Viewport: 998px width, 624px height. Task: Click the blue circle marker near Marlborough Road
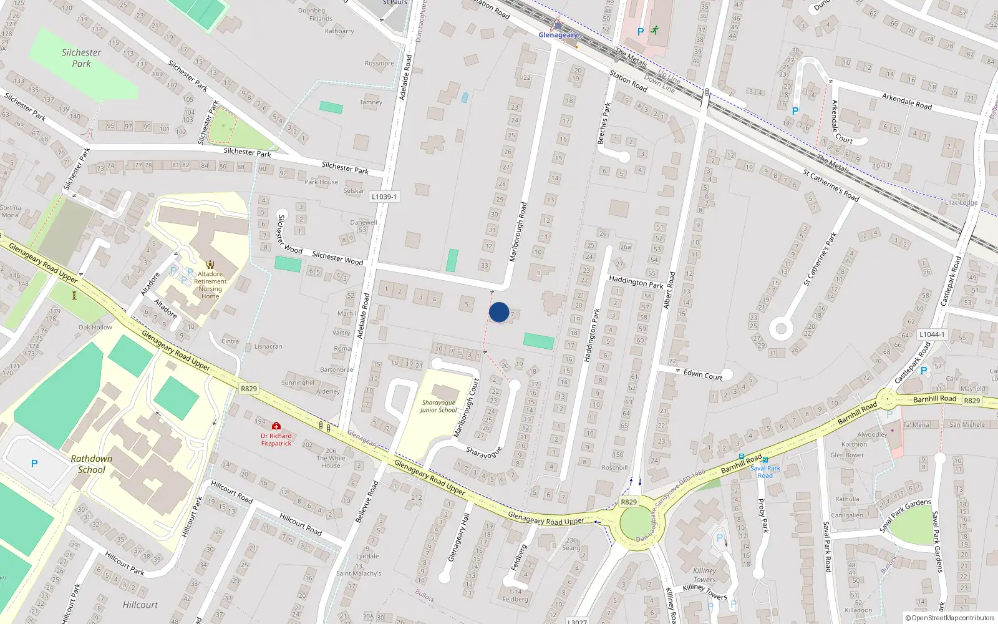(499, 312)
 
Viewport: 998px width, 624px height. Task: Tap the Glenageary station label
(558, 35)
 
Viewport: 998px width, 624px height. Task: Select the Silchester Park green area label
(81, 58)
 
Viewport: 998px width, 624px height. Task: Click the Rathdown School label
(92, 464)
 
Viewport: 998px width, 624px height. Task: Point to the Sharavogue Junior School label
(438, 406)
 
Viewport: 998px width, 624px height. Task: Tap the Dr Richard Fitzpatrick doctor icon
(276, 426)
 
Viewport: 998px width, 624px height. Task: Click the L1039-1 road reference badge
(384, 197)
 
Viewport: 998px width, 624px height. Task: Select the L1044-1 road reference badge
(931, 334)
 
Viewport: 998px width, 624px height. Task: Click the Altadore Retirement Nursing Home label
(210, 285)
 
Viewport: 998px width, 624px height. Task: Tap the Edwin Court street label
(703, 374)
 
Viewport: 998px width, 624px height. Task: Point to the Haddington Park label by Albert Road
(636, 282)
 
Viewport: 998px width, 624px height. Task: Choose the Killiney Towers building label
(705, 575)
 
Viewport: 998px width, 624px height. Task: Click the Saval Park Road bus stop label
(765, 472)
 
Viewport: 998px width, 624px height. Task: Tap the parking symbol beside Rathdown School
(34, 464)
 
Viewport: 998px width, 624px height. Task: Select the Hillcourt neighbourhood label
(140, 605)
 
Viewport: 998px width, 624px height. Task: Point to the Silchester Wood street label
(337, 258)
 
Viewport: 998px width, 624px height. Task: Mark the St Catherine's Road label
(830, 186)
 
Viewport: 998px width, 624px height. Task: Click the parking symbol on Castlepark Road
(924, 371)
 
